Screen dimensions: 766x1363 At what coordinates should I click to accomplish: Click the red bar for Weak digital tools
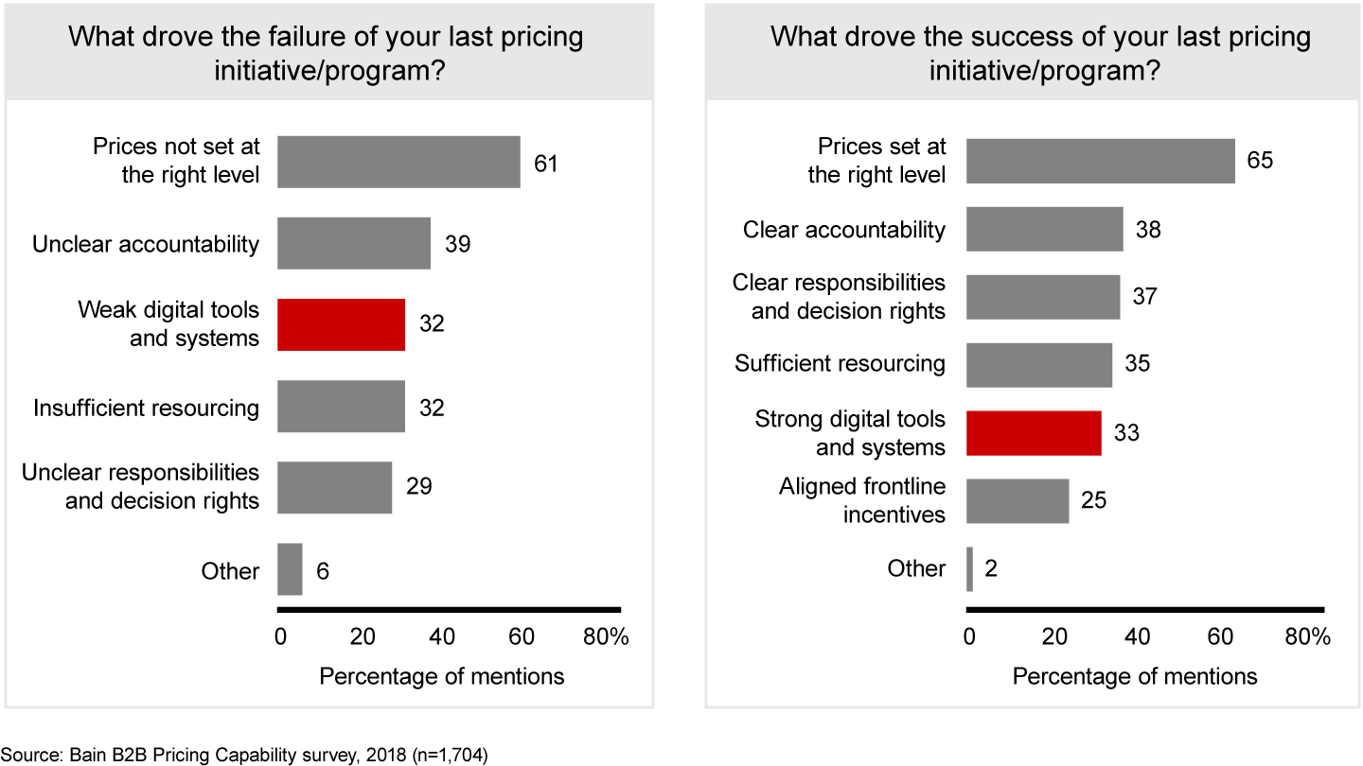(341, 324)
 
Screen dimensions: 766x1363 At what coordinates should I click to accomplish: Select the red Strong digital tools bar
(1034, 433)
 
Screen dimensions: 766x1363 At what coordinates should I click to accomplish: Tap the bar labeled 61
(398, 163)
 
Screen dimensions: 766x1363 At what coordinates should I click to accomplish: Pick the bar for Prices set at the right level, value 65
(1100, 162)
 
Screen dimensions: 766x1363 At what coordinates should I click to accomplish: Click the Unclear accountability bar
(354, 244)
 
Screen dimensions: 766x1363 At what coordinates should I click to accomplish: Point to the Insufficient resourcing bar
(341, 407)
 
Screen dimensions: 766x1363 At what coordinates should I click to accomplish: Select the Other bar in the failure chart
(290, 569)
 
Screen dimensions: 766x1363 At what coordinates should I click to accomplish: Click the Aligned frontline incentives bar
(1018, 500)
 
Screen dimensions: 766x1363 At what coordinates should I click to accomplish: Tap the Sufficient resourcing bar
(1039, 364)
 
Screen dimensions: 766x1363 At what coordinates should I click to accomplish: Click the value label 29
(419, 486)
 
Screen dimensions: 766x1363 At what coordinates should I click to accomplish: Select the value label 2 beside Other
(991, 568)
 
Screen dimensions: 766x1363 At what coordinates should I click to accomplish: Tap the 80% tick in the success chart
(1308, 636)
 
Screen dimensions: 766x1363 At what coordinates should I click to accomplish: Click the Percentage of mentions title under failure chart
(442, 677)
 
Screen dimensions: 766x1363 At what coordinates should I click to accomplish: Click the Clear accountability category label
(844, 230)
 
